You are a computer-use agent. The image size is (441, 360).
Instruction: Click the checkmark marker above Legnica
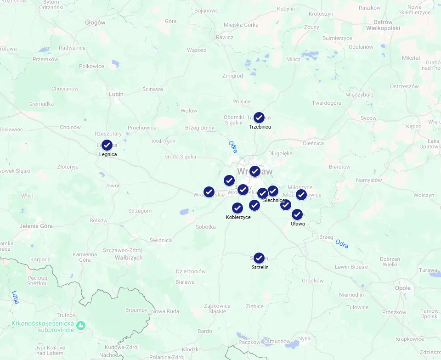(107, 145)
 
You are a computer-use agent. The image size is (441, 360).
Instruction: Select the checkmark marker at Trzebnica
(259, 118)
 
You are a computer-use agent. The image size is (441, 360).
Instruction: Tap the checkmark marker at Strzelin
(259, 258)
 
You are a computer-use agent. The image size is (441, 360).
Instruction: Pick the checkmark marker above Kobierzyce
(237, 208)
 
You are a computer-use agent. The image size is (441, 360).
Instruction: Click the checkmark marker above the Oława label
(297, 214)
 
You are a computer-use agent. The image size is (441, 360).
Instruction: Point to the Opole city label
(403, 288)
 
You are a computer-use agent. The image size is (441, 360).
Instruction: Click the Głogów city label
(95, 22)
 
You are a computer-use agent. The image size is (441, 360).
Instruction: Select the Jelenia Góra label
(36, 226)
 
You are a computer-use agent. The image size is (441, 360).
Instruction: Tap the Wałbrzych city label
(129, 258)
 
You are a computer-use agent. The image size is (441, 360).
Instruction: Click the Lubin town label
(116, 94)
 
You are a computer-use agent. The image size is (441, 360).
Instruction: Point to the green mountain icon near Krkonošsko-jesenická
(81, 326)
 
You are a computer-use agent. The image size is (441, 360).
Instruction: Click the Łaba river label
(16, 297)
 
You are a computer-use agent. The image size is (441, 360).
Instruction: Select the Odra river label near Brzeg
(341, 243)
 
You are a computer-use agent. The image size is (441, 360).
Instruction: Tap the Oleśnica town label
(313, 143)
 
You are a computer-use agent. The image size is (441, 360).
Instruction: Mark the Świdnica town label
(161, 240)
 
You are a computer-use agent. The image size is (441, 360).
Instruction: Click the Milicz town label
(293, 59)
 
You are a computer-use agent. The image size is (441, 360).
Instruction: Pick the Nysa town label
(304, 338)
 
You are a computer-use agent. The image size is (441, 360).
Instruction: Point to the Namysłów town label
(356, 180)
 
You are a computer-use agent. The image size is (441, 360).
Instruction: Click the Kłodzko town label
(192, 349)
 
